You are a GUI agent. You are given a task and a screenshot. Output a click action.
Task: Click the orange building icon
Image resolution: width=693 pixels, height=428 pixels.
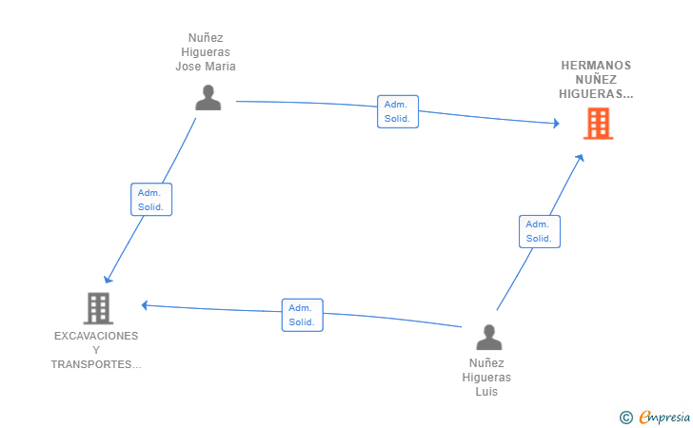tap(598, 124)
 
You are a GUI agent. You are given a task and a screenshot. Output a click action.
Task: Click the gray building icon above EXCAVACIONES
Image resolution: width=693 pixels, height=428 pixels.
tap(98, 308)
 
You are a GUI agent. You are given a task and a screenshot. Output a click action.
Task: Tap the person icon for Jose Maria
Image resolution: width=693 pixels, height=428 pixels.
tap(208, 98)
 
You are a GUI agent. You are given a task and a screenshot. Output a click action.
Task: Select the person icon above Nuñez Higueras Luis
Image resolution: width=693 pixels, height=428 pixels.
tap(489, 338)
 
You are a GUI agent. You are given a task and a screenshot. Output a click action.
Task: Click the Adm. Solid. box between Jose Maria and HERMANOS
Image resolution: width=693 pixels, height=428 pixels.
tap(398, 111)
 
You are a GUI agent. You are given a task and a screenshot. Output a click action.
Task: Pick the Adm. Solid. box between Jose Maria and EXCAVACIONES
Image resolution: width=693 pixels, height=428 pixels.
tap(151, 200)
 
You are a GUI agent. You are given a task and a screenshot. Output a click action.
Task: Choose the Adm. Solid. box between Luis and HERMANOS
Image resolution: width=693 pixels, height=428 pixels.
tap(539, 231)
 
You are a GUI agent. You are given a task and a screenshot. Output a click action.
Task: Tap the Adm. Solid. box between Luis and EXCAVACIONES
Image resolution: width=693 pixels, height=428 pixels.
tap(303, 315)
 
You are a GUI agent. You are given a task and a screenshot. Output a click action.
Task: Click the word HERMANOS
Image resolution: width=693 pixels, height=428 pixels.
tap(596, 66)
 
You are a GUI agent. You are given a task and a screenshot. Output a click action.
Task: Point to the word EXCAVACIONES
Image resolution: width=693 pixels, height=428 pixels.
tap(96, 336)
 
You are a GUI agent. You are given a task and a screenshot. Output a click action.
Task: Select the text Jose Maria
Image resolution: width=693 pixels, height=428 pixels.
tap(206, 67)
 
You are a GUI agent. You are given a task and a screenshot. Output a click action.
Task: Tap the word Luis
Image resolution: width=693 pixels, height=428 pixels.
tap(486, 392)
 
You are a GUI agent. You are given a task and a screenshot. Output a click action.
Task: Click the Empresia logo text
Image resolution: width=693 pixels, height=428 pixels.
tap(664, 417)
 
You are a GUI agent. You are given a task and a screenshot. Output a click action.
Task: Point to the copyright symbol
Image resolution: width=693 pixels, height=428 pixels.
tap(625, 418)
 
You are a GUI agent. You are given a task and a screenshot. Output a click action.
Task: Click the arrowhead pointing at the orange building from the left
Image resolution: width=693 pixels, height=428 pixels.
tap(557, 124)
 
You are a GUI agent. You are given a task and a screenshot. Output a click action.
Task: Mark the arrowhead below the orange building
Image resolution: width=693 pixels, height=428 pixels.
tap(580, 158)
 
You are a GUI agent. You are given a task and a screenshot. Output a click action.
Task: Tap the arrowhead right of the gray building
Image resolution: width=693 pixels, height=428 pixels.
tap(145, 305)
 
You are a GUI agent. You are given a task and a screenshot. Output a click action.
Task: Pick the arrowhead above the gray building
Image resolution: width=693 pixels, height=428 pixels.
tap(108, 279)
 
